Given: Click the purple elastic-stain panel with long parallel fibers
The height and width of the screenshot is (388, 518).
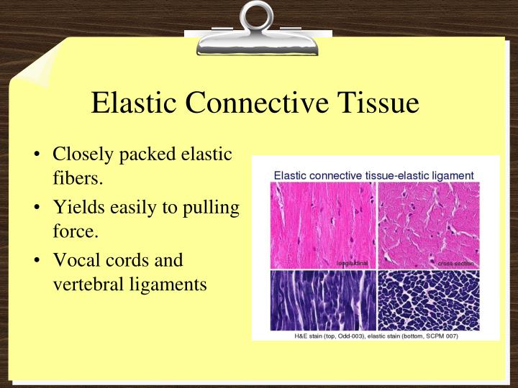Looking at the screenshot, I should point(322,300).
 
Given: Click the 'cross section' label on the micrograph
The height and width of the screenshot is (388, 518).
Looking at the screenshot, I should point(455,264).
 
